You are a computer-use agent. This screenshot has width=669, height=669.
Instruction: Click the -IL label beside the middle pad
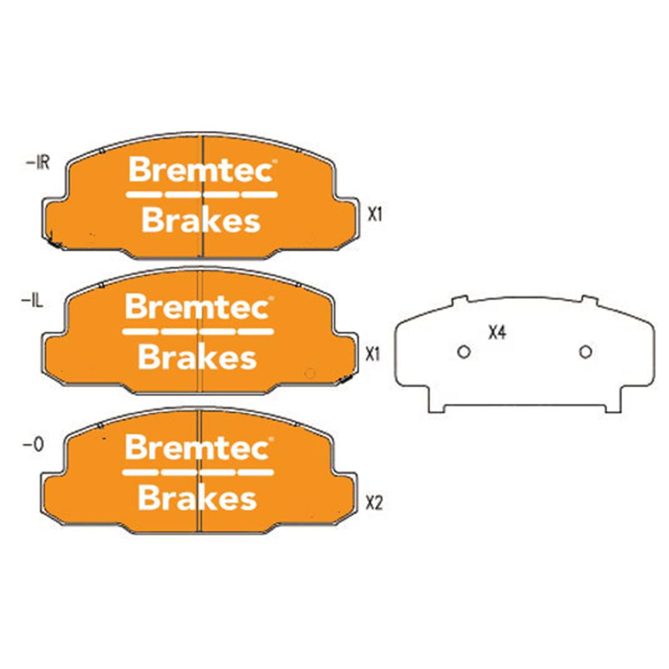tap(32, 302)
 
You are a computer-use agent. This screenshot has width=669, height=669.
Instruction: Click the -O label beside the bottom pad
tap(33, 446)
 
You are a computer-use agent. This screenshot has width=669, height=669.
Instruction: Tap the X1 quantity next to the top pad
tap(375, 215)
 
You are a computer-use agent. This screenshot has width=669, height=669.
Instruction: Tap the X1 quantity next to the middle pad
tap(373, 355)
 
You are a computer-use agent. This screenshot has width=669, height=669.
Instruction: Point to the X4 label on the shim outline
tap(497, 333)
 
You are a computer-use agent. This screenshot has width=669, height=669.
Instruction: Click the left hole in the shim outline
tap(464, 352)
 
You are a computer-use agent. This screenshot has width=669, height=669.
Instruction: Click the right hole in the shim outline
tap(585, 352)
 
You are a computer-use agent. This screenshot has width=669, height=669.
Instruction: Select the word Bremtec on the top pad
tap(201, 170)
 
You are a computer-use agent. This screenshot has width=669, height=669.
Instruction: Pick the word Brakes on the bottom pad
tap(197, 498)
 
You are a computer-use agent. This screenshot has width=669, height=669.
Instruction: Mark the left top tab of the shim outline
tap(459, 300)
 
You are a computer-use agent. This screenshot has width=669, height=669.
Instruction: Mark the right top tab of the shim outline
tap(589, 300)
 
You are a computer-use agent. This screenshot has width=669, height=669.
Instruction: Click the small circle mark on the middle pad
tap(309, 374)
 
